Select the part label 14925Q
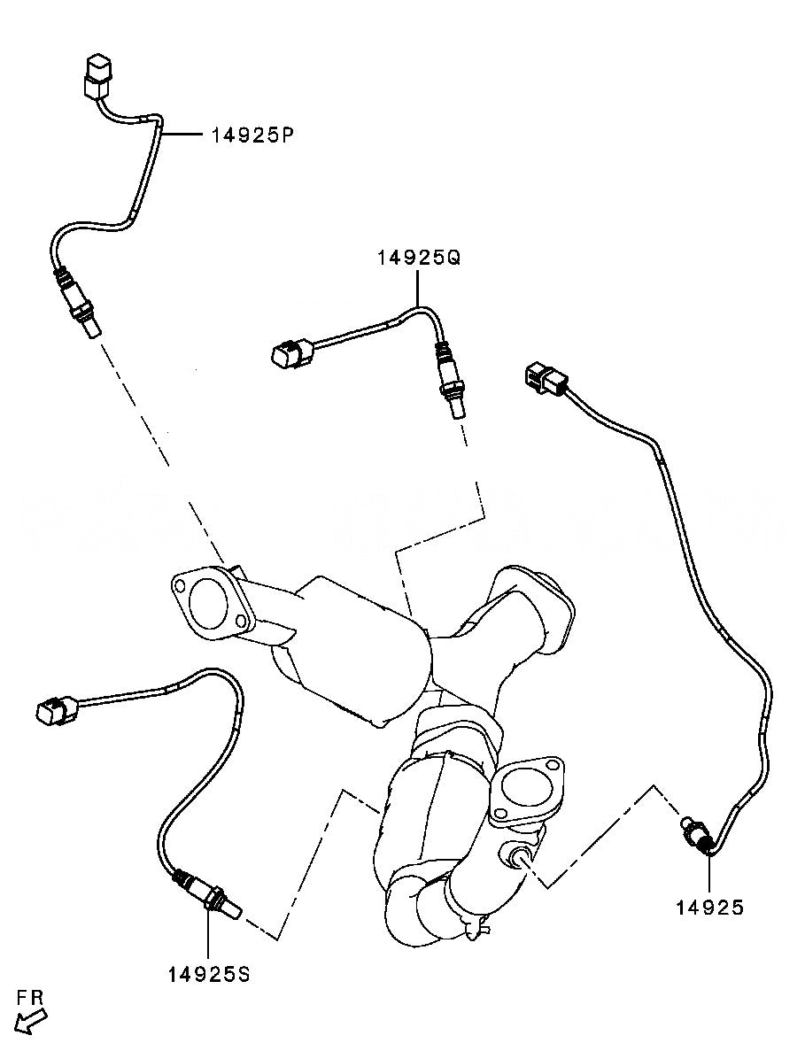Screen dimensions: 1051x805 click(419, 258)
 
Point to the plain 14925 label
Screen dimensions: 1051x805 click(710, 907)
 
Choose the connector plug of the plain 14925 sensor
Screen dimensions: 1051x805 click(542, 377)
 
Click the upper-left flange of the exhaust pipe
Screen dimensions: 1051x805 click(209, 602)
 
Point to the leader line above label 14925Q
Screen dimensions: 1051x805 click(418, 287)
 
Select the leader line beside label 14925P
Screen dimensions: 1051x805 click(183, 135)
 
